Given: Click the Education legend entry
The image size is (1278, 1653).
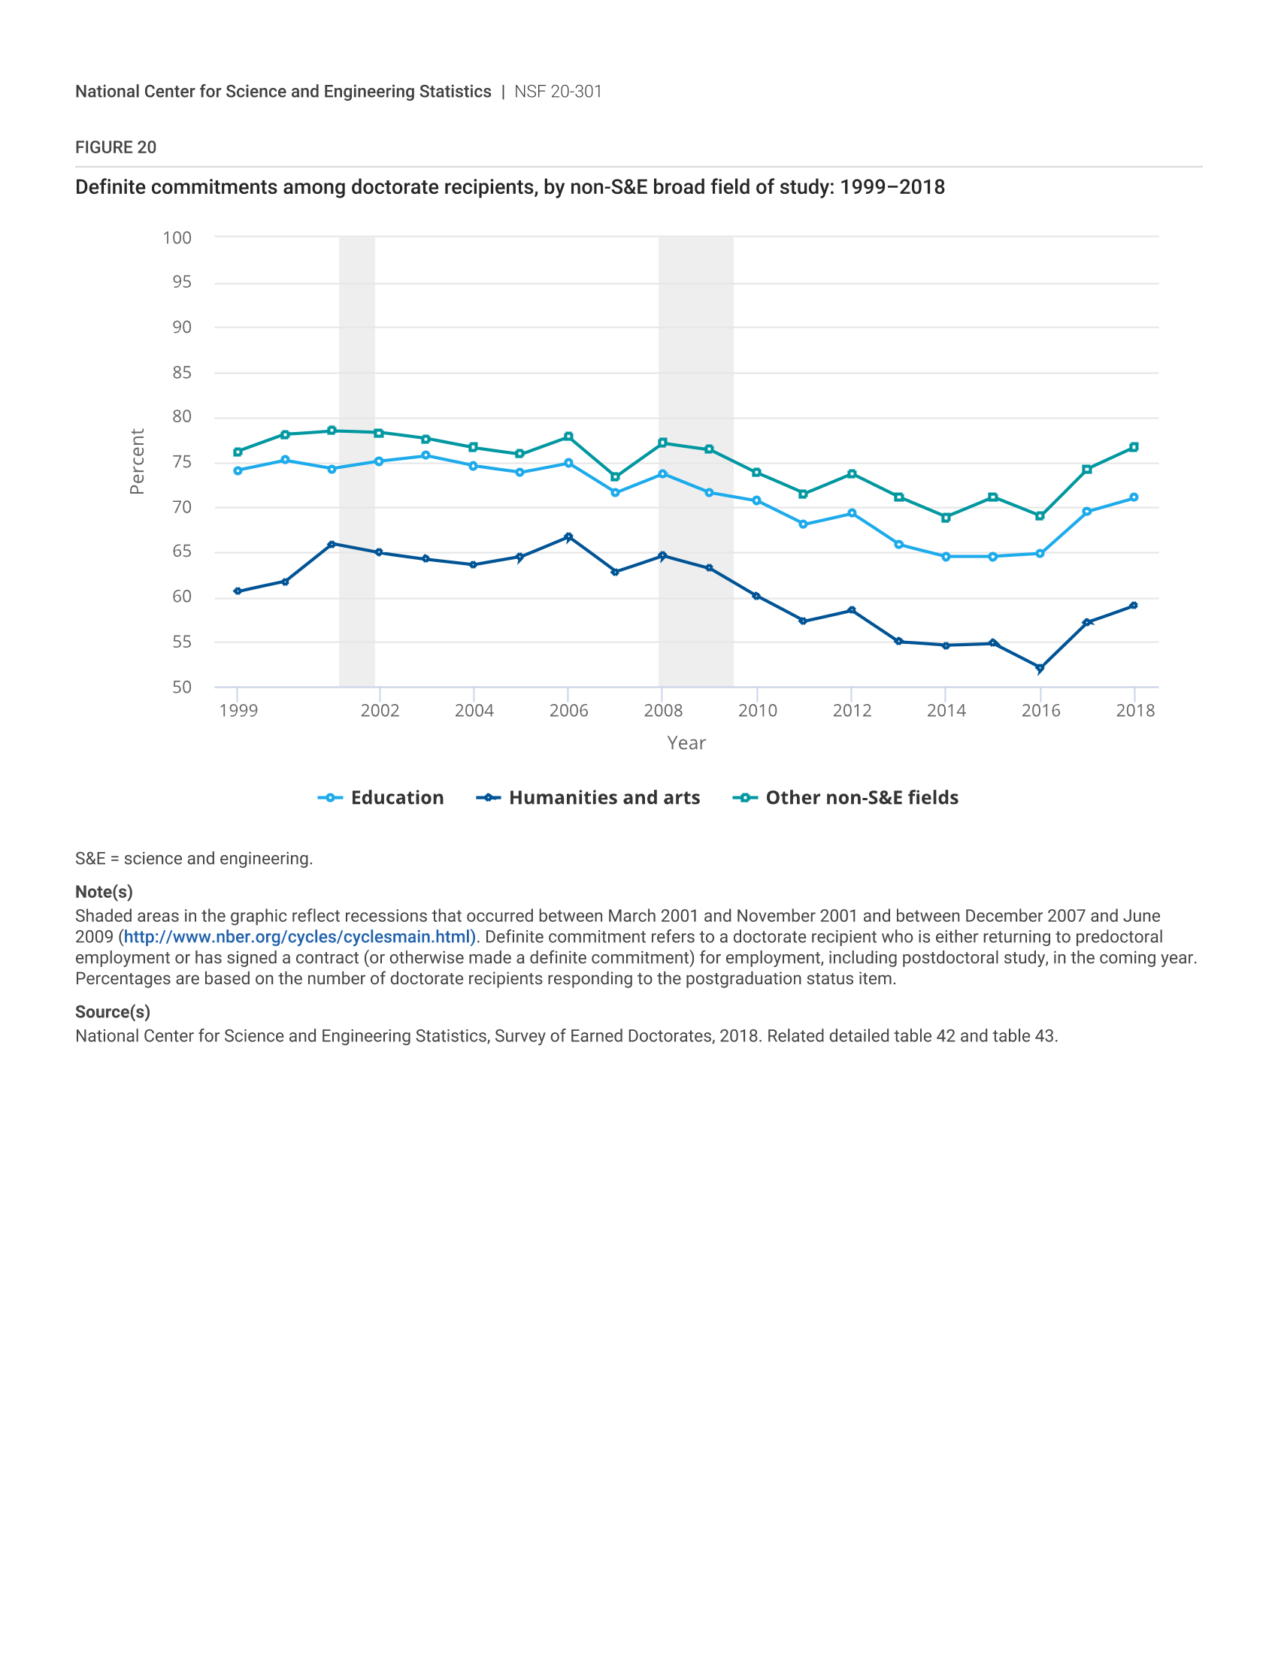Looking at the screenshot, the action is [381, 798].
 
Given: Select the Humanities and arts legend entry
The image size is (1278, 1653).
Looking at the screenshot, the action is [589, 798].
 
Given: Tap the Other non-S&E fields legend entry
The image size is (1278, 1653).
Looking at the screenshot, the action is [846, 798].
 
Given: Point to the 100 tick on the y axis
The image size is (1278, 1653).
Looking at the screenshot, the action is [177, 237].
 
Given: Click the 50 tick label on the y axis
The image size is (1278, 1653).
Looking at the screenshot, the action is [182, 687].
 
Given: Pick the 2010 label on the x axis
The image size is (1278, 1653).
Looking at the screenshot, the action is [757, 711].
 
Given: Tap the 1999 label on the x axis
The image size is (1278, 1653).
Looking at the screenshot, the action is [238, 711].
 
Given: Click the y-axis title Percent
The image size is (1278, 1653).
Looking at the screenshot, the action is [137, 461].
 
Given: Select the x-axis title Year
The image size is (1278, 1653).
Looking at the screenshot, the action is [686, 743].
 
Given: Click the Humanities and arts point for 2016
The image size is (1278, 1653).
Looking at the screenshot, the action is [1040, 668].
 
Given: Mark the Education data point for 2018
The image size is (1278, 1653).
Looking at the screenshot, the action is [1134, 497].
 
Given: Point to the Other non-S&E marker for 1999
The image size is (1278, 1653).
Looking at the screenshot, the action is [238, 452].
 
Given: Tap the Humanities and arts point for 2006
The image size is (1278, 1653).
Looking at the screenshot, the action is [568, 537].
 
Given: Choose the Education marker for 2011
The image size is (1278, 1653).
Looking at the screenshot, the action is [804, 524].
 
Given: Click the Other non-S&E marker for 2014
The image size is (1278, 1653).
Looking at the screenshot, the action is [946, 518].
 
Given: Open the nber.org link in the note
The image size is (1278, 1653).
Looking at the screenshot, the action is [300, 937].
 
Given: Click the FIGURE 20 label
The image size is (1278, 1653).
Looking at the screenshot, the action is [116, 147].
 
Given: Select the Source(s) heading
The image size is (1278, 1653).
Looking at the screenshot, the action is [113, 1012].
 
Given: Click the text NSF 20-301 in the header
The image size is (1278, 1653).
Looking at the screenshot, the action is [558, 92].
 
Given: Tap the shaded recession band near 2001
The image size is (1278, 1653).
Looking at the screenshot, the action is [356, 461].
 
